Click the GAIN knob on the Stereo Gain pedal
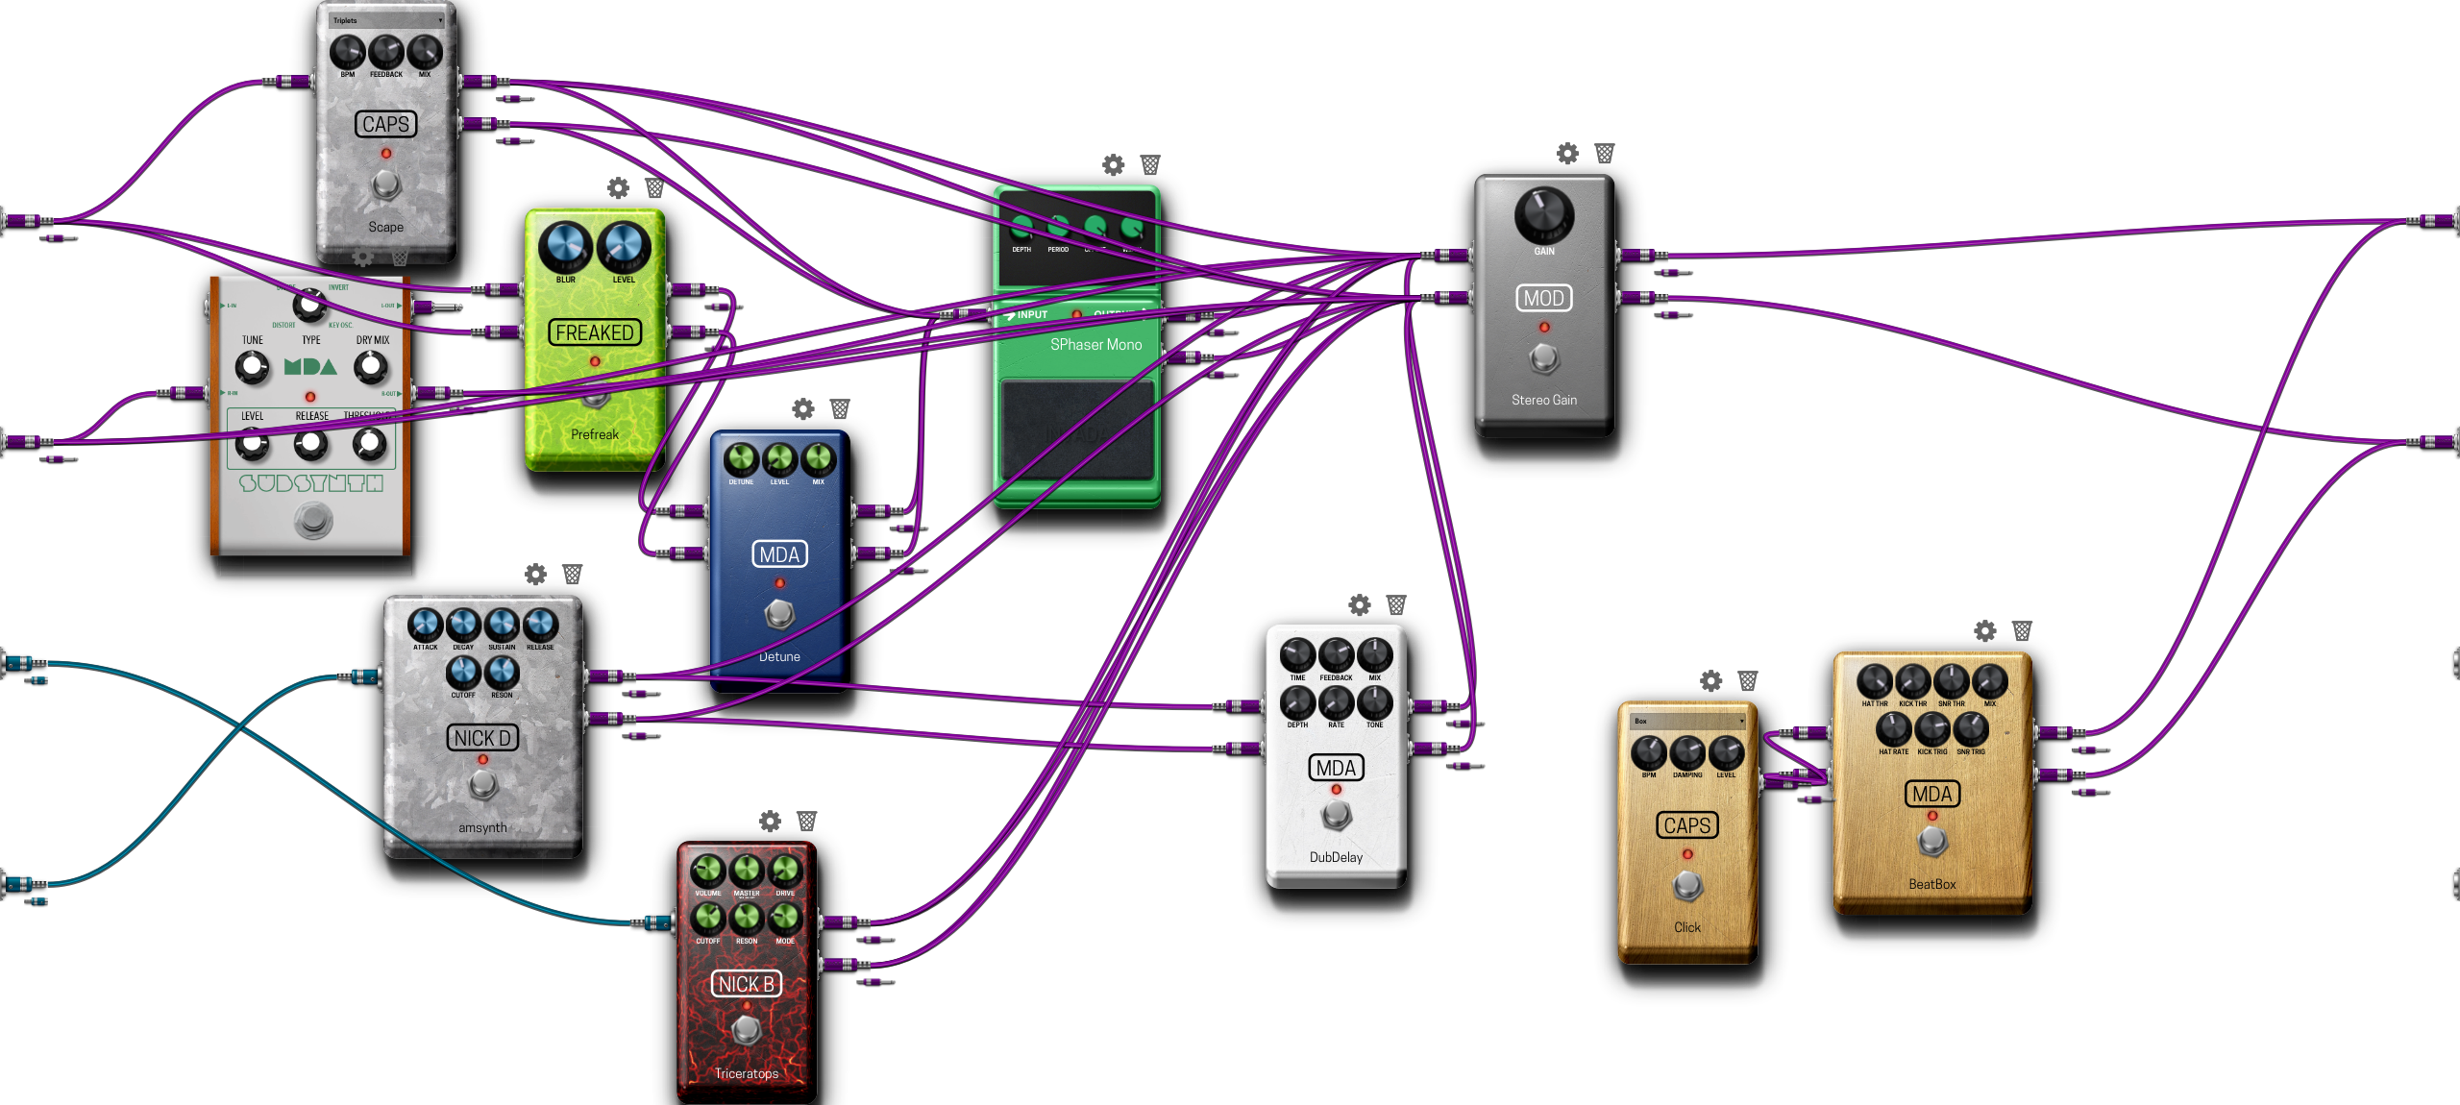[x=1543, y=214]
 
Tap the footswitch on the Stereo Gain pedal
[x=1543, y=358]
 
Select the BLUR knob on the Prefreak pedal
[x=565, y=246]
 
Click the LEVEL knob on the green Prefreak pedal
[x=624, y=246]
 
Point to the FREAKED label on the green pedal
[x=595, y=332]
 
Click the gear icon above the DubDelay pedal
[x=1360, y=604]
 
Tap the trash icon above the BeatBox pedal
[x=2022, y=630]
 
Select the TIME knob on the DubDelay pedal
[x=1297, y=655]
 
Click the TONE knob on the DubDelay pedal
[x=1374, y=703]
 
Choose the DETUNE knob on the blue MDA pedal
[x=741, y=459]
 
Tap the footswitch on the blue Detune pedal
[x=779, y=613]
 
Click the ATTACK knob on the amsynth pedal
[x=425, y=625]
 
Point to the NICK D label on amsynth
[x=482, y=738]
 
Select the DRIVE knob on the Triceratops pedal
[x=785, y=871]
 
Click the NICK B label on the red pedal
[x=747, y=984]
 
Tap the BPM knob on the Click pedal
[x=1649, y=752]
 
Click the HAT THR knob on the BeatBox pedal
[x=1874, y=681]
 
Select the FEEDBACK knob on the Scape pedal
[x=385, y=52]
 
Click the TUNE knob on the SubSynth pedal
[x=252, y=366]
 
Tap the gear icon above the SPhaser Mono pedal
[x=1113, y=164]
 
